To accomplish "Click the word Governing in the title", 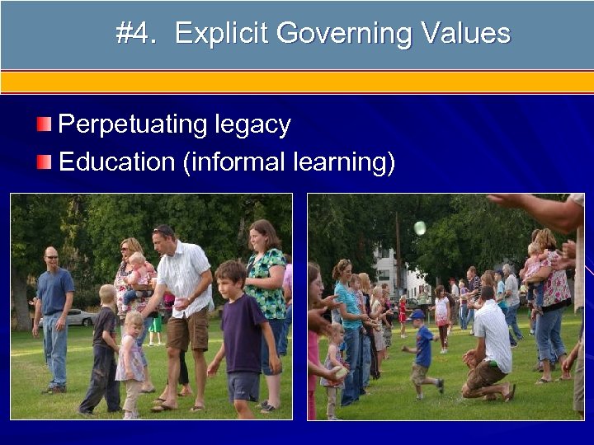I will pyautogui.click(x=343, y=34).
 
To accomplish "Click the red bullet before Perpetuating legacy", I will pyautogui.click(x=44, y=124).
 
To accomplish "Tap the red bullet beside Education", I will pyautogui.click(x=44, y=161).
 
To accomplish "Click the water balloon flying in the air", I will pyautogui.click(x=420, y=227).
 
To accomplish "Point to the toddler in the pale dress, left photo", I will pyautogui.click(x=131, y=363).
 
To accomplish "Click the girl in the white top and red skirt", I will pyautogui.click(x=442, y=317).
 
